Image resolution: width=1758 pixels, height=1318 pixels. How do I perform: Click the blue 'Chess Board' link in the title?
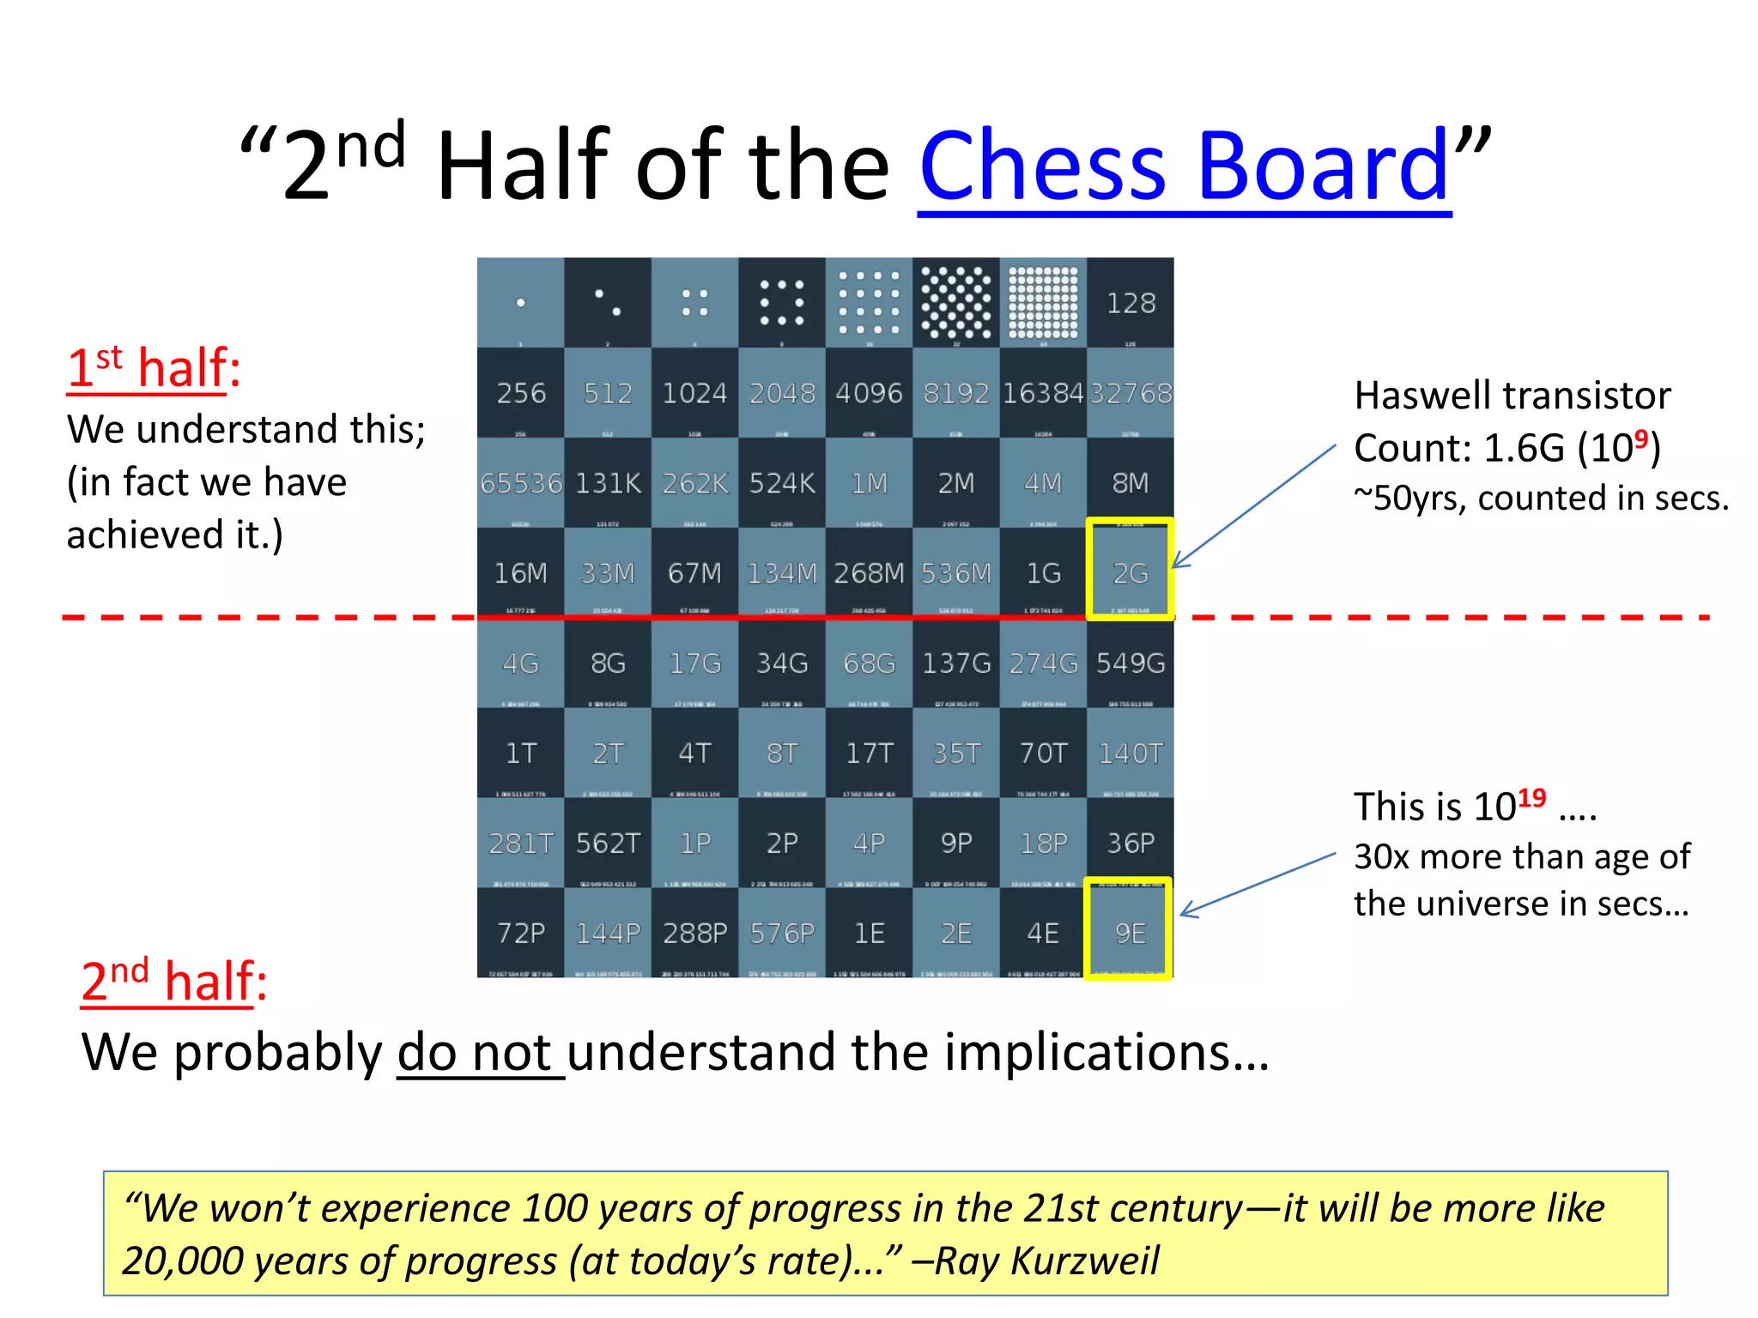(x=1185, y=165)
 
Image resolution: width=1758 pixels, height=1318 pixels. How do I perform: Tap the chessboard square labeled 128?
(x=1130, y=303)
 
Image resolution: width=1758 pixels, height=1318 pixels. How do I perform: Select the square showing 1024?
(x=694, y=393)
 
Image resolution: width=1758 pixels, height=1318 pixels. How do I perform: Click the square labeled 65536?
(x=520, y=483)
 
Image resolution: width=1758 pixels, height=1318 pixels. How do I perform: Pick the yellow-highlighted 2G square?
(x=1130, y=570)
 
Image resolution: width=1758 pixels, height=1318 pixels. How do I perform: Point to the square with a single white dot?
(x=520, y=303)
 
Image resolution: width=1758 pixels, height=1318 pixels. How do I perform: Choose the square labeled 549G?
(x=1130, y=663)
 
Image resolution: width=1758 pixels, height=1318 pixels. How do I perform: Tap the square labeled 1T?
(x=520, y=753)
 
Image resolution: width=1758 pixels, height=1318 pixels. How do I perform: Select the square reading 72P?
(x=520, y=933)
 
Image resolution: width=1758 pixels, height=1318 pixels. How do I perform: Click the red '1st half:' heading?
(x=154, y=369)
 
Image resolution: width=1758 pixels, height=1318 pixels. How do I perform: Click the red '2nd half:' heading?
(x=173, y=981)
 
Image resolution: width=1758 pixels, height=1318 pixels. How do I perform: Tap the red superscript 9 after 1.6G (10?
(x=1640, y=439)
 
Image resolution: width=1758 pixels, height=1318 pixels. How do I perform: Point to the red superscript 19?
(x=1531, y=799)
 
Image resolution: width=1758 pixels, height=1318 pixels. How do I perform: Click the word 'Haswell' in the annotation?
(x=1411, y=396)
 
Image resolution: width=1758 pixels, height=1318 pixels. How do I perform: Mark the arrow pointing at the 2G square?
(x=1253, y=507)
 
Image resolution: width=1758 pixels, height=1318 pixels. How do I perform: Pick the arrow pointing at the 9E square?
(x=1258, y=885)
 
